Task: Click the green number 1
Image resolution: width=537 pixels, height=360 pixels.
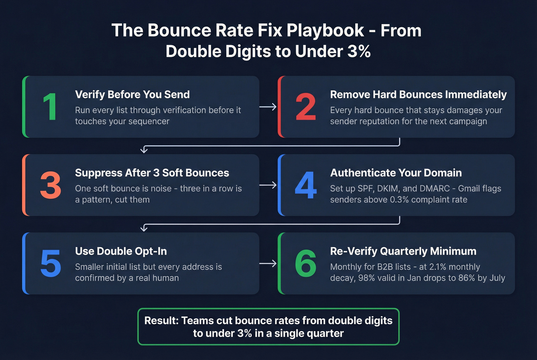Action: pos(50,107)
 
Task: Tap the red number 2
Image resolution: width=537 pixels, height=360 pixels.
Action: pos(306,107)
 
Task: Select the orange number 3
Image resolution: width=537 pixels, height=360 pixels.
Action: pos(51,185)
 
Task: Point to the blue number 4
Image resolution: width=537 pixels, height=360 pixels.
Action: pos(306,185)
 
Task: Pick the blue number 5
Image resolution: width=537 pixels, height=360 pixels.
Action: pos(51,263)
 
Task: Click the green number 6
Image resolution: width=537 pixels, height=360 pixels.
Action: pos(306,263)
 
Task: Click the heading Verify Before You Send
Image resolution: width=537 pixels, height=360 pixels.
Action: pos(132,95)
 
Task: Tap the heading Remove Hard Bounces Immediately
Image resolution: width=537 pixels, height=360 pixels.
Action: pos(418,95)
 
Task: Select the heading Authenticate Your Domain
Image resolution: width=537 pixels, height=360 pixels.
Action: pos(396,173)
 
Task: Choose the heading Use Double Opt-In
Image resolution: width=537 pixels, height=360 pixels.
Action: pos(121,251)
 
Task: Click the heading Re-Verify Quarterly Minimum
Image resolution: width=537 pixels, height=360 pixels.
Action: pos(403,251)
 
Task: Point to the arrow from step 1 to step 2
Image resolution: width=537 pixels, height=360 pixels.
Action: pos(268,107)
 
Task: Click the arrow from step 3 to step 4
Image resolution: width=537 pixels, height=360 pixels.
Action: pos(268,185)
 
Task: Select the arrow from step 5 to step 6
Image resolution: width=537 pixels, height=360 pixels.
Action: pos(268,263)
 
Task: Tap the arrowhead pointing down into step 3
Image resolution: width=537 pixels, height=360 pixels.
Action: pos(144,150)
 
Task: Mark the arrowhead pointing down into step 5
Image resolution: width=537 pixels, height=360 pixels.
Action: pos(144,228)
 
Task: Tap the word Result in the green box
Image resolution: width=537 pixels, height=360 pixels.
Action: pos(160,321)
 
